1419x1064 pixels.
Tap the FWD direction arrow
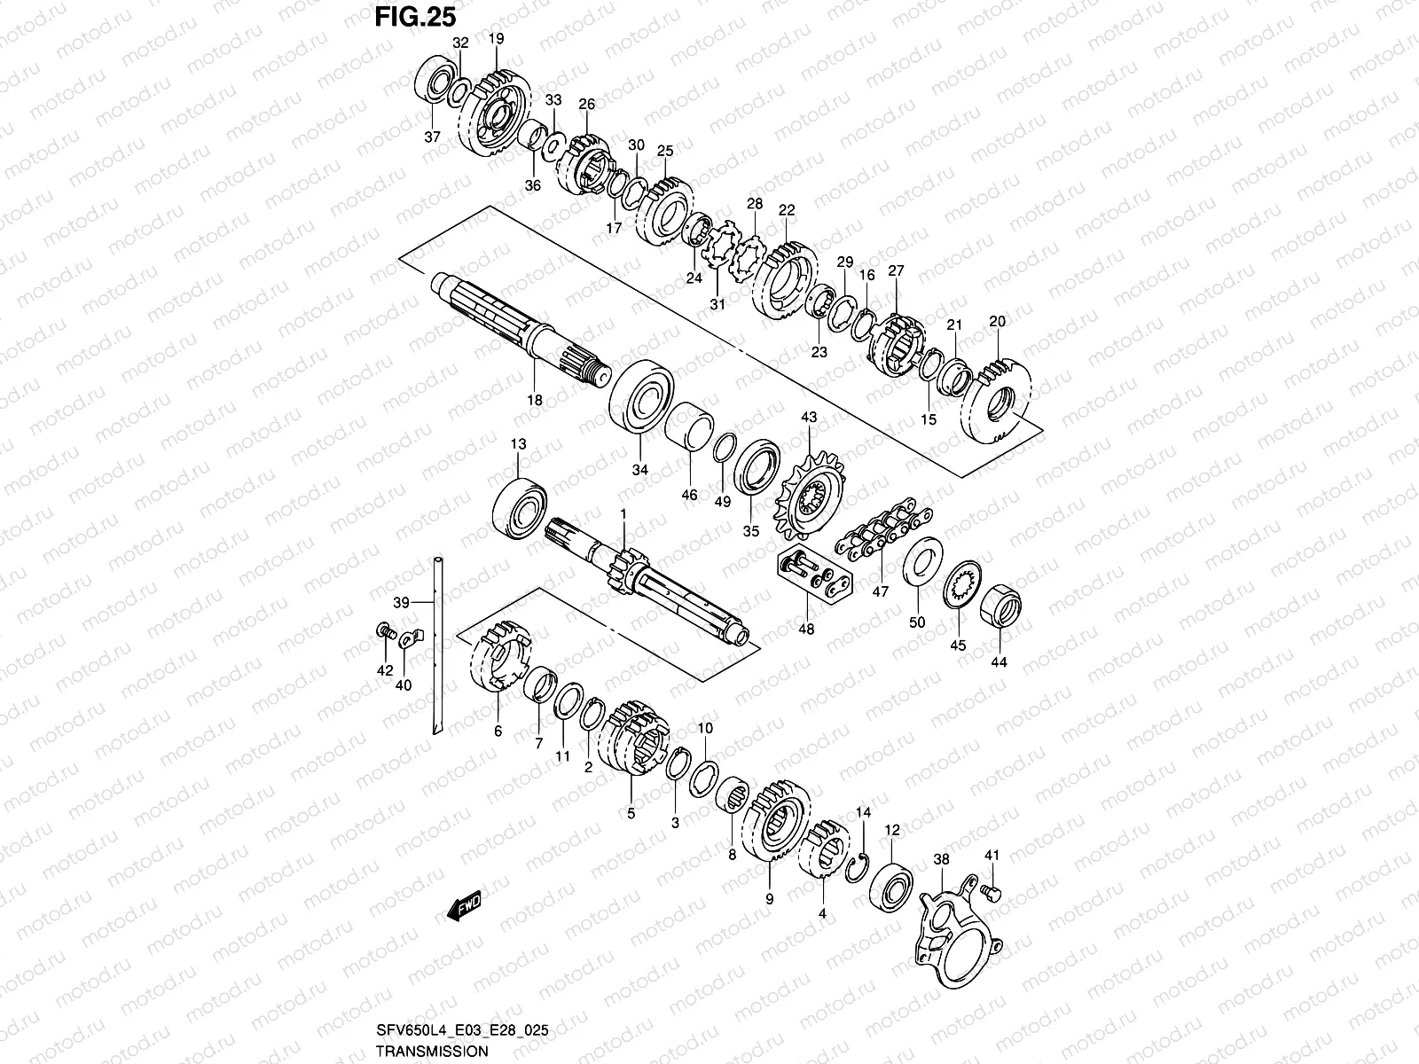(x=463, y=904)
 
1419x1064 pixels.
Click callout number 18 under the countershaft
(x=535, y=401)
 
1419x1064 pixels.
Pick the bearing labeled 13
(x=520, y=507)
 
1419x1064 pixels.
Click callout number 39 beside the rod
(x=402, y=602)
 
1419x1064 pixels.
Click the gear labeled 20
(x=999, y=392)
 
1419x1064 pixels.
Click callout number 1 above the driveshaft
(x=623, y=513)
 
